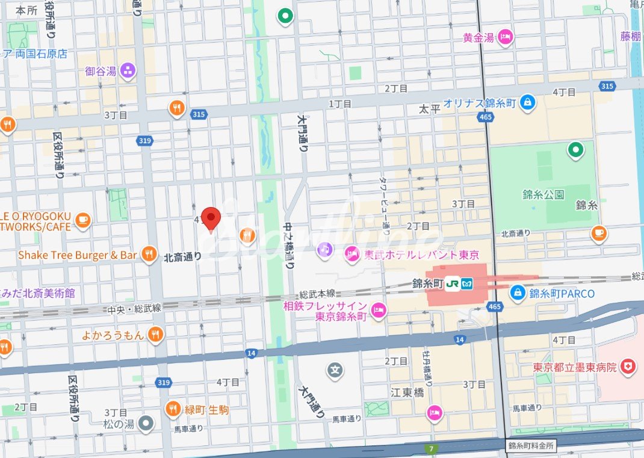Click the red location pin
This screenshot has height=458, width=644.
211,218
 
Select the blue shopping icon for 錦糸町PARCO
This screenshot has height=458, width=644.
517,293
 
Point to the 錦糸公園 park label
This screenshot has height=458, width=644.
543,194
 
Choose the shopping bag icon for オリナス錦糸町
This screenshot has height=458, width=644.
527,102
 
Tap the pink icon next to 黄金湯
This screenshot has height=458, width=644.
505,37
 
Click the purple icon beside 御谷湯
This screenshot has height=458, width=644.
128,71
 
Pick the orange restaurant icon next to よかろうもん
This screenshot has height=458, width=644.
155,335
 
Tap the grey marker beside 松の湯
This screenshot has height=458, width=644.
145,424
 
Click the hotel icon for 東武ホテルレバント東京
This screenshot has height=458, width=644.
351,255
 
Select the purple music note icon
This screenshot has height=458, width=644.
325,249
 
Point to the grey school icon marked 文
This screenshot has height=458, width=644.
335,370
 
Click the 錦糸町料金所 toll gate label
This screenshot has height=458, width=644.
530,446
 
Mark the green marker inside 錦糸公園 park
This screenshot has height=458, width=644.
576,150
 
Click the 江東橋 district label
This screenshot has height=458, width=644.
407,392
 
